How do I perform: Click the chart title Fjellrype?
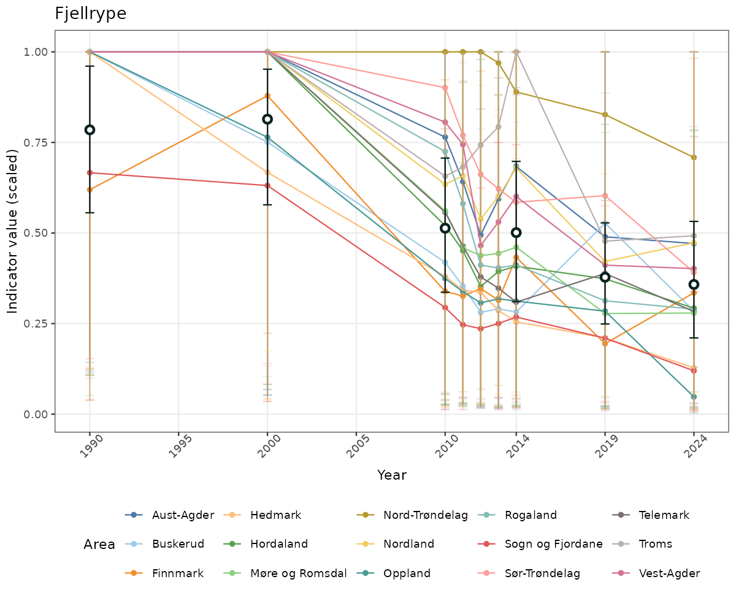(90, 13)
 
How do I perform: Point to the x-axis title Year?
(391, 475)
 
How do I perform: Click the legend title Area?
(99, 545)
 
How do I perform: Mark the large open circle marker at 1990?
(90, 129)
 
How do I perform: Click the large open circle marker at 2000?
(267, 119)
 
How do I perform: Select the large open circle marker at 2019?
(605, 277)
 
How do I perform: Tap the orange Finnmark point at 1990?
(90, 190)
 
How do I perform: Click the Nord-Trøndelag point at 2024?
(694, 158)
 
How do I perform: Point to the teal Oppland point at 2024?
(694, 397)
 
